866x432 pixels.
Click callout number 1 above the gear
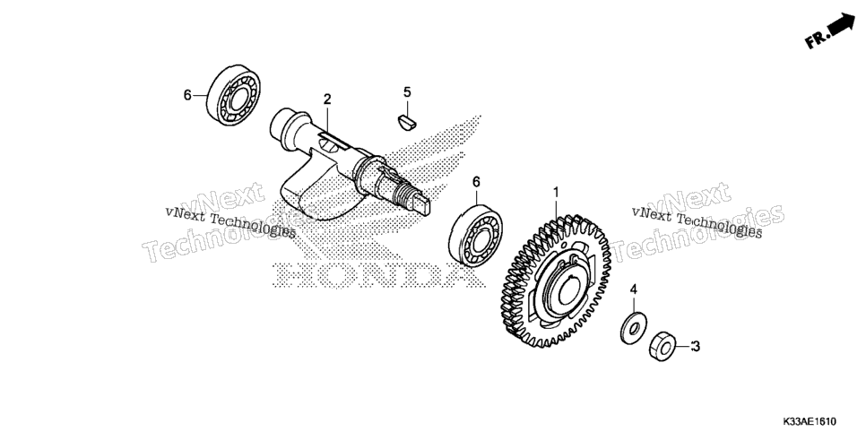(x=556, y=193)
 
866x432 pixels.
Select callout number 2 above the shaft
(x=327, y=99)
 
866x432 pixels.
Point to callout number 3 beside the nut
(x=696, y=346)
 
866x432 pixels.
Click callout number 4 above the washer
(x=634, y=289)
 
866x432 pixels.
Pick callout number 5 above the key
(x=407, y=92)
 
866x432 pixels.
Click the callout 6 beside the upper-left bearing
(x=187, y=96)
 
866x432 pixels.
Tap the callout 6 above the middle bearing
(x=476, y=182)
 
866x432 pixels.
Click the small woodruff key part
(x=407, y=121)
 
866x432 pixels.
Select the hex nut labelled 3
(x=663, y=346)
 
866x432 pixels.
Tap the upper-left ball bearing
(x=234, y=96)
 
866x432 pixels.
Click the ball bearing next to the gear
(x=475, y=236)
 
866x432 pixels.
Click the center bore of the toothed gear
(x=569, y=290)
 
